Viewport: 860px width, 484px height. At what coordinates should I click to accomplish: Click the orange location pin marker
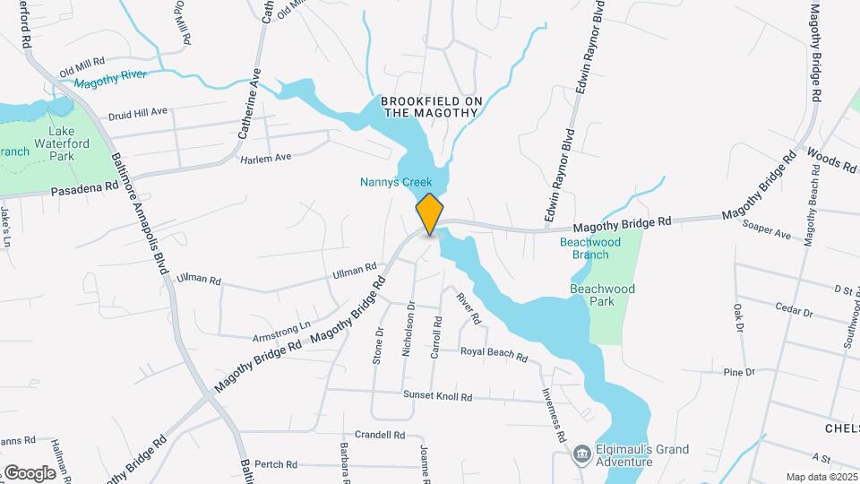(430, 213)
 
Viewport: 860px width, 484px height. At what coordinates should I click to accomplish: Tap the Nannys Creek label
(396, 182)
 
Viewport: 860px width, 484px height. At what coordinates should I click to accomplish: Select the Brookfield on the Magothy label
(431, 107)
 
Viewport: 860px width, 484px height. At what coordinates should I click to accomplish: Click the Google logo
(30, 472)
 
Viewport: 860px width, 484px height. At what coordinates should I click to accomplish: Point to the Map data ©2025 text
(820, 477)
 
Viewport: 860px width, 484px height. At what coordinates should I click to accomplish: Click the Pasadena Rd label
(85, 190)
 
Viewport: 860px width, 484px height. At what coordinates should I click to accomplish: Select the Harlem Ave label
(266, 158)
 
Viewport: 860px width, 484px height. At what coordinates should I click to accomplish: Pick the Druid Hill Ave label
(138, 113)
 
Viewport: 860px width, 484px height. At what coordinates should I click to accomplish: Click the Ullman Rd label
(355, 269)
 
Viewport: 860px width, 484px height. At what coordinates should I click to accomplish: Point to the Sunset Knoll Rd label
(425, 393)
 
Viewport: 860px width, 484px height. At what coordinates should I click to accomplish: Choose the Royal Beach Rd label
(494, 354)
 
